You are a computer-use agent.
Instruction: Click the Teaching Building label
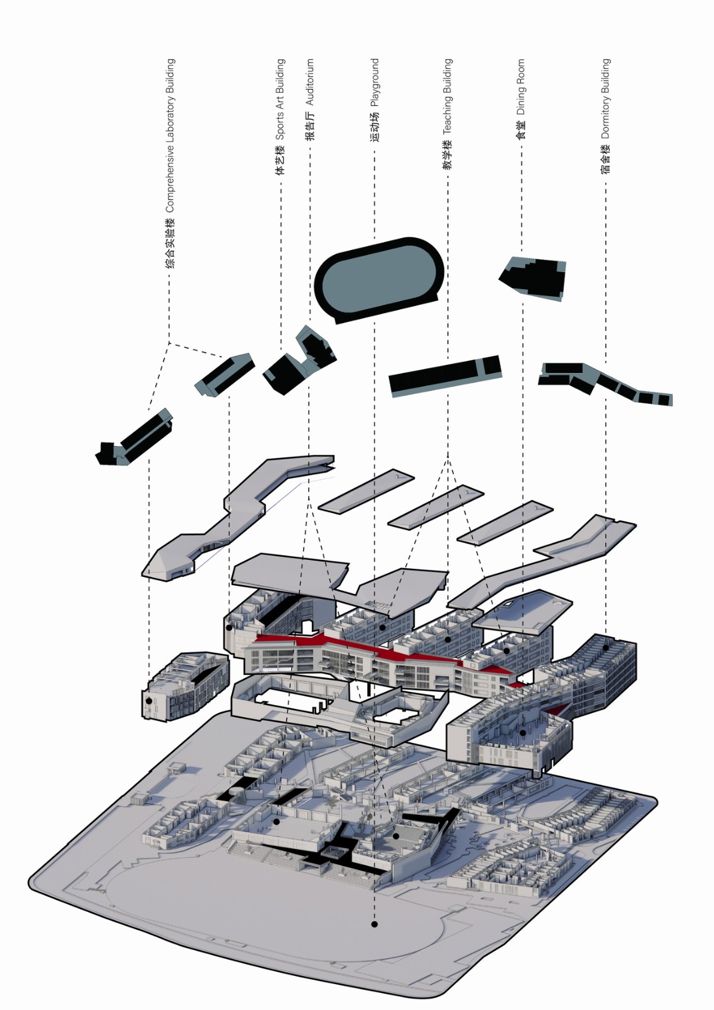point(447,114)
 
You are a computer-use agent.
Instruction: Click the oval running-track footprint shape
point(379,278)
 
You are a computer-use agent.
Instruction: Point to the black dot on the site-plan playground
point(374,924)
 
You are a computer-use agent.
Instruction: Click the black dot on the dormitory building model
point(605,647)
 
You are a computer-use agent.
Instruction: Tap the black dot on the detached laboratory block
point(149,701)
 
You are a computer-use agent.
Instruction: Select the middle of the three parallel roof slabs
point(436,506)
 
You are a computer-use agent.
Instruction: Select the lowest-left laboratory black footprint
point(134,439)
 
